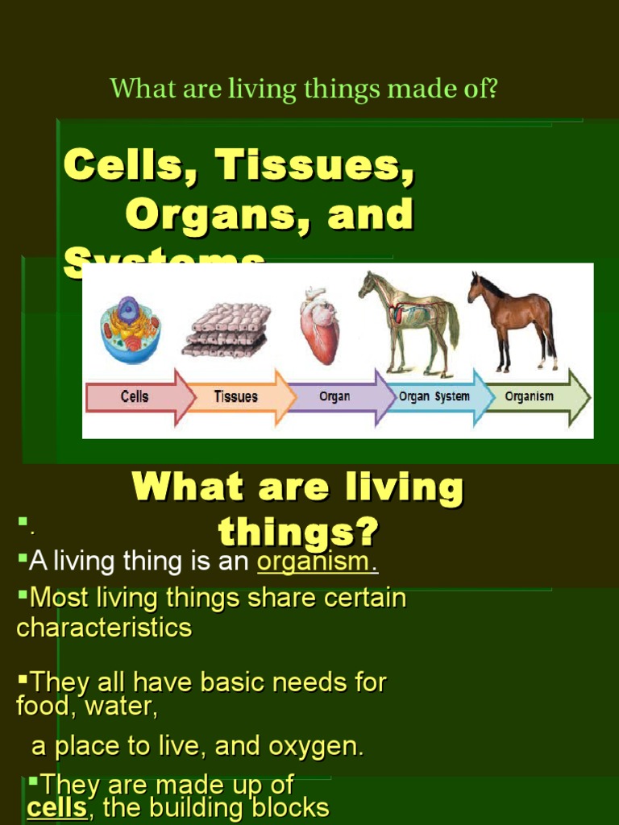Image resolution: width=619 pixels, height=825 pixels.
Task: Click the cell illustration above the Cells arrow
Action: [x=130, y=330]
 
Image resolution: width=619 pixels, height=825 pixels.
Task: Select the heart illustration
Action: [x=319, y=325]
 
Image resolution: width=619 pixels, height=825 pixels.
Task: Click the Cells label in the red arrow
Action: [x=135, y=396]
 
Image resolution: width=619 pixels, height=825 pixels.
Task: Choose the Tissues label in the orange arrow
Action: [x=235, y=396]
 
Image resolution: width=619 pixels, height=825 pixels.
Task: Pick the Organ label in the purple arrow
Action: [x=334, y=396]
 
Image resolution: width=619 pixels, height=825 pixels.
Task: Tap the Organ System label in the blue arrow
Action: [x=434, y=396]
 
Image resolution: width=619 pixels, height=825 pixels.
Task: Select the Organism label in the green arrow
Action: [x=529, y=396]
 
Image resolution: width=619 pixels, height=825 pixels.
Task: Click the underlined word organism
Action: [x=317, y=562]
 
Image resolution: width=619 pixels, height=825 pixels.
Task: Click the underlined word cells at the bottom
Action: [x=56, y=808]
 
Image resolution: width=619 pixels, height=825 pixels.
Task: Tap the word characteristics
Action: [x=104, y=628]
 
